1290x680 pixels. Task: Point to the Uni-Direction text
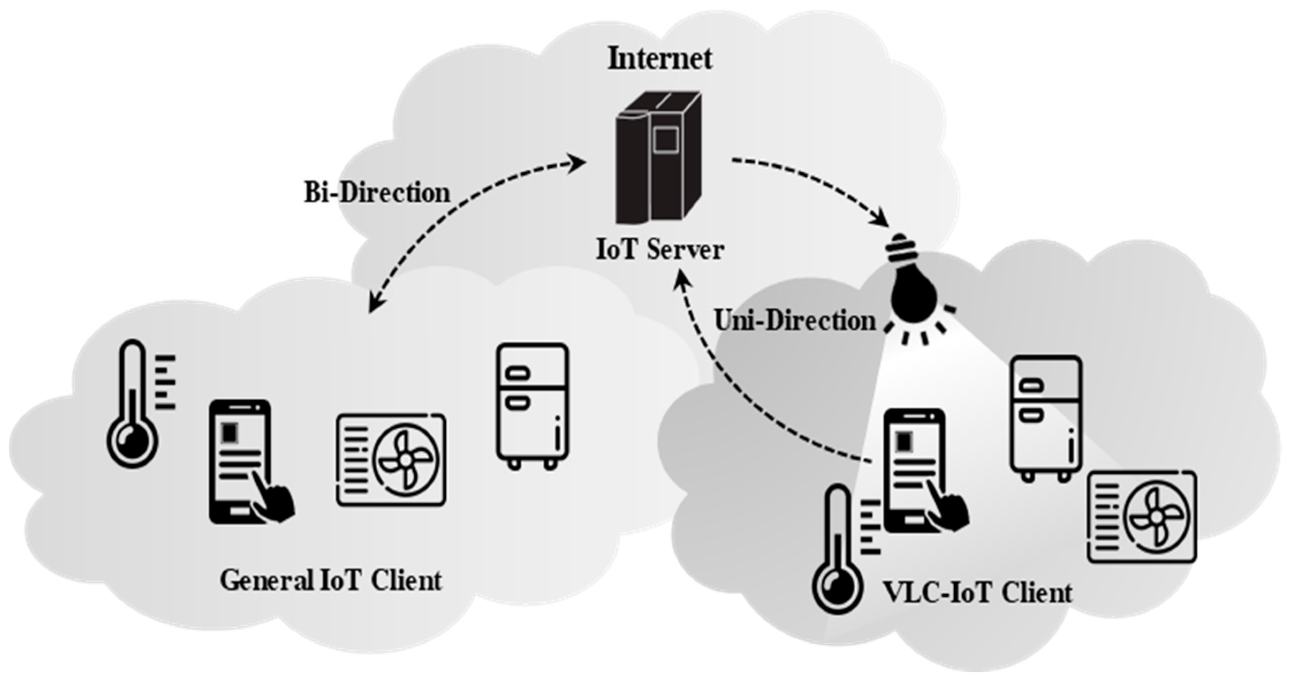[795, 321]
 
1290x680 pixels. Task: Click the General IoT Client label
[330, 581]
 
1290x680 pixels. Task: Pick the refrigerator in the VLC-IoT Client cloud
[1045, 418]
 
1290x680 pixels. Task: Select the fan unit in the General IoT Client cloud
[391, 460]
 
